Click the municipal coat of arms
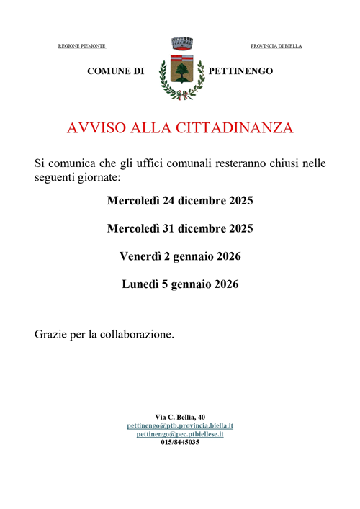(180, 69)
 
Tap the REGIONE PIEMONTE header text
(81, 46)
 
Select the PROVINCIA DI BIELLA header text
(276, 46)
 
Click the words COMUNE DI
(116, 71)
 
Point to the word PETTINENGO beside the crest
(240, 71)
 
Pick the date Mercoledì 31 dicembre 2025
(180, 228)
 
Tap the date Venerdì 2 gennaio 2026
(180, 256)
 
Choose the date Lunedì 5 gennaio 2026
(180, 284)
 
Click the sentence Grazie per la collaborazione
(104, 335)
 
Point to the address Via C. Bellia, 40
(180, 417)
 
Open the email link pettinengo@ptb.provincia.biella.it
(180, 425)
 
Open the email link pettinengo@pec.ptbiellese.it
(180, 434)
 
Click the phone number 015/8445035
(180, 442)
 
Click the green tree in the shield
(180, 71)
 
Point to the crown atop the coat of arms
(180, 42)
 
